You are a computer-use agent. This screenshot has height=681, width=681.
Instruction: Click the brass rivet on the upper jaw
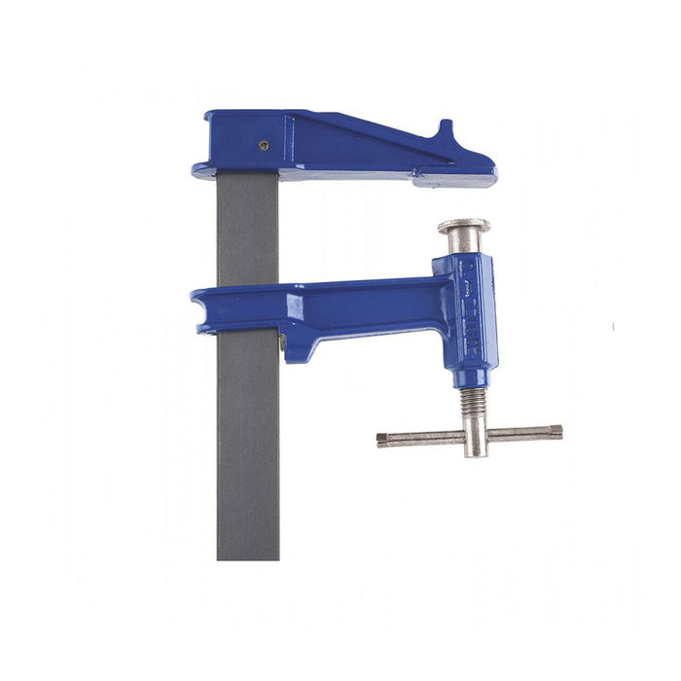click(264, 146)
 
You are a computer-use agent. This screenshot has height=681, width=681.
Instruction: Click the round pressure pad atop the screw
click(463, 227)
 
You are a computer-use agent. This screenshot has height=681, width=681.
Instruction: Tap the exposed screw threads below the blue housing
click(472, 402)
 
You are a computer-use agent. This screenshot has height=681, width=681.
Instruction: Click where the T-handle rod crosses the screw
click(474, 435)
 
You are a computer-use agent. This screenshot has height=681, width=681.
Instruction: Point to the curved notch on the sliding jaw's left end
click(206, 294)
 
